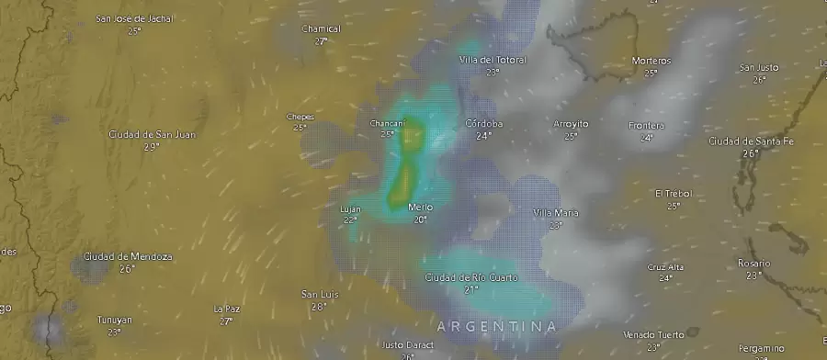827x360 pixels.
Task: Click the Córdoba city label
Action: coord(483,123)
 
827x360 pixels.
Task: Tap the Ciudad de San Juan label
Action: coord(152,134)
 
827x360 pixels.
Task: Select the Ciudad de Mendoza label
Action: coord(127,256)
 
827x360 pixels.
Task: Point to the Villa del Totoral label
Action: coord(493,60)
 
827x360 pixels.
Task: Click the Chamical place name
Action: coord(321,28)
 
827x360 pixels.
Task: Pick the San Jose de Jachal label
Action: coord(134,18)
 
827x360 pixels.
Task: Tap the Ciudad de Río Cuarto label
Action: coord(471,277)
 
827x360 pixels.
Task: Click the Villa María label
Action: coord(556,213)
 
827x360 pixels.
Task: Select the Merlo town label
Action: coord(420,208)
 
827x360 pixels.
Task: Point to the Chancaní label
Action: coord(387,123)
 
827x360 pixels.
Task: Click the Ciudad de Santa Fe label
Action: coord(751,141)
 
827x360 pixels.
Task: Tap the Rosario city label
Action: coord(753,263)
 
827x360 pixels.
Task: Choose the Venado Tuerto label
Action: coord(652,334)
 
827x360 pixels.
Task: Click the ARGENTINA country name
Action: coord(496,326)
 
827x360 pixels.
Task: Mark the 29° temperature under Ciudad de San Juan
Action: coord(152,146)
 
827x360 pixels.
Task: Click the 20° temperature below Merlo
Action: coord(420,219)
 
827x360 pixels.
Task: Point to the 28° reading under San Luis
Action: coord(319,306)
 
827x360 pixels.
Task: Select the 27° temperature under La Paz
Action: coord(226,321)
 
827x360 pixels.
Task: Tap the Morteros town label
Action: coord(651,61)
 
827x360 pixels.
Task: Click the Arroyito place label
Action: coord(571,123)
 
